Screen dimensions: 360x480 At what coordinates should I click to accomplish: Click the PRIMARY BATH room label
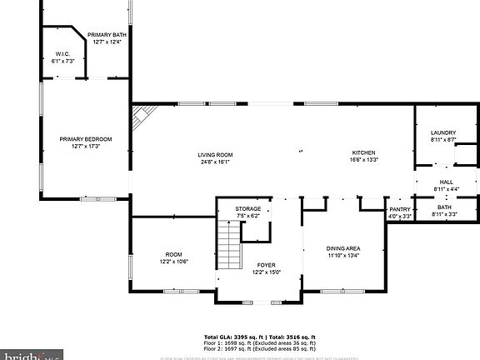[x=106, y=34]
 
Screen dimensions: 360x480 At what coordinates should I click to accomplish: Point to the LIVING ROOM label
[x=215, y=155]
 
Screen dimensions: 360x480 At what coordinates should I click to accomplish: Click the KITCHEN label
[x=363, y=153]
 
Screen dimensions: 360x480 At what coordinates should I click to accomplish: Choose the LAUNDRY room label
[x=442, y=133]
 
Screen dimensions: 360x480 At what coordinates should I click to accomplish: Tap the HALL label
[x=446, y=182]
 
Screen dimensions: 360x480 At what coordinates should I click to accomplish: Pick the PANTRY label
[x=401, y=210]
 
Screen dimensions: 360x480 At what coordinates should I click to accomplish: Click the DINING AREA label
[x=342, y=248]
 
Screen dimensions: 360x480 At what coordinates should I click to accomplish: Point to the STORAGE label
[x=247, y=208]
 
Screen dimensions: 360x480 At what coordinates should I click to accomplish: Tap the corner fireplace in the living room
[x=141, y=117]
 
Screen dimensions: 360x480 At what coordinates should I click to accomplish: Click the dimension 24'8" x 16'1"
[x=215, y=162]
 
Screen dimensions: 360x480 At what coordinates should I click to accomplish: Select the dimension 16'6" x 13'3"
[x=363, y=161]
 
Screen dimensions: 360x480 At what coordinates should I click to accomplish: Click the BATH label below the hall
[x=446, y=207]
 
